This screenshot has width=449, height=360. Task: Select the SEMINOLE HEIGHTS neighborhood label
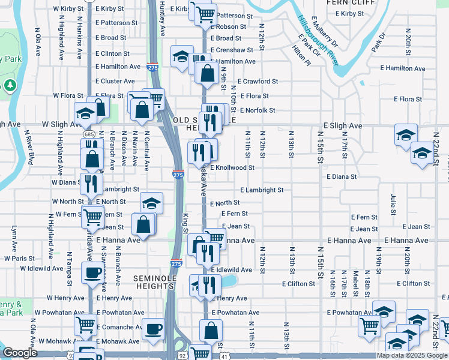pos(153,282)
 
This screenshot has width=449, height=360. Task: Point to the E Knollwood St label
pos(236,168)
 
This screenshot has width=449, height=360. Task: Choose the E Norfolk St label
pos(258,110)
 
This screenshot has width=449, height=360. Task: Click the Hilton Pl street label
pos(301,58)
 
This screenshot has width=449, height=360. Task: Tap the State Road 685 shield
pos(88,134)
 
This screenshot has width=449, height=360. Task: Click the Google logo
pos(19,353)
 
